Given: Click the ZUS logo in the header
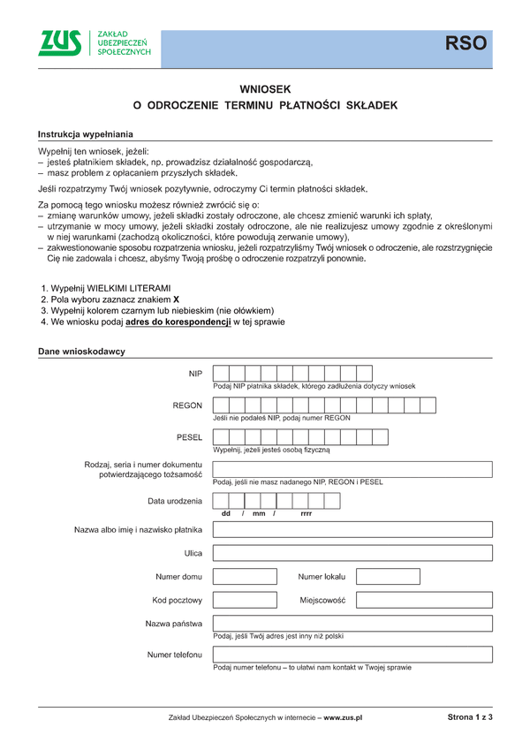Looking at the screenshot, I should point(60,43).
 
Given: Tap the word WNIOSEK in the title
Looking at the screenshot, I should point(265,89).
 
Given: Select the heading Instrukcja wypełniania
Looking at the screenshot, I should point(85,134).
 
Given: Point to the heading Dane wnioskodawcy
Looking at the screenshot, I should point(81,352).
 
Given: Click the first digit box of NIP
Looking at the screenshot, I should point(222,374).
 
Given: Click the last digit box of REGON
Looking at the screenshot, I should point(428,405).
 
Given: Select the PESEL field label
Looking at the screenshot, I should point(190,437).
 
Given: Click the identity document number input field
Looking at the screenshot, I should point(352,469).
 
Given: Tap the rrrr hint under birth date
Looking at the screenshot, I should point(306,513).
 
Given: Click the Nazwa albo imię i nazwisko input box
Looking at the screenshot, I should point(352,530).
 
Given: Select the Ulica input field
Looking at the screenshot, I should point(352,553).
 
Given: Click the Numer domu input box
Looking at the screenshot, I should point(245,577).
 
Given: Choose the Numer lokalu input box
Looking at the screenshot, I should point(387,577).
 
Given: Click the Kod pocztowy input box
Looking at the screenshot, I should point(245,600).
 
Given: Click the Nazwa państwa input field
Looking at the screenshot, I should point(352,624).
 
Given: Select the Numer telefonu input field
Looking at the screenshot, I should point(352,655).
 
